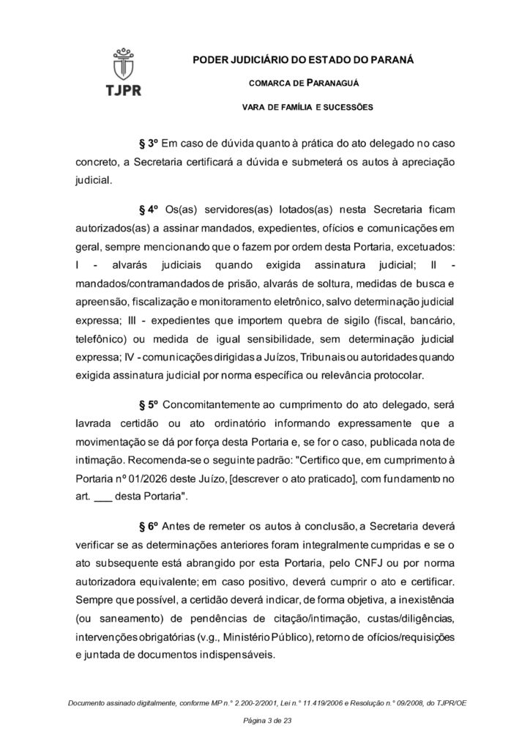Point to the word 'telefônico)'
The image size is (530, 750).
click(x=102, y=341)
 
